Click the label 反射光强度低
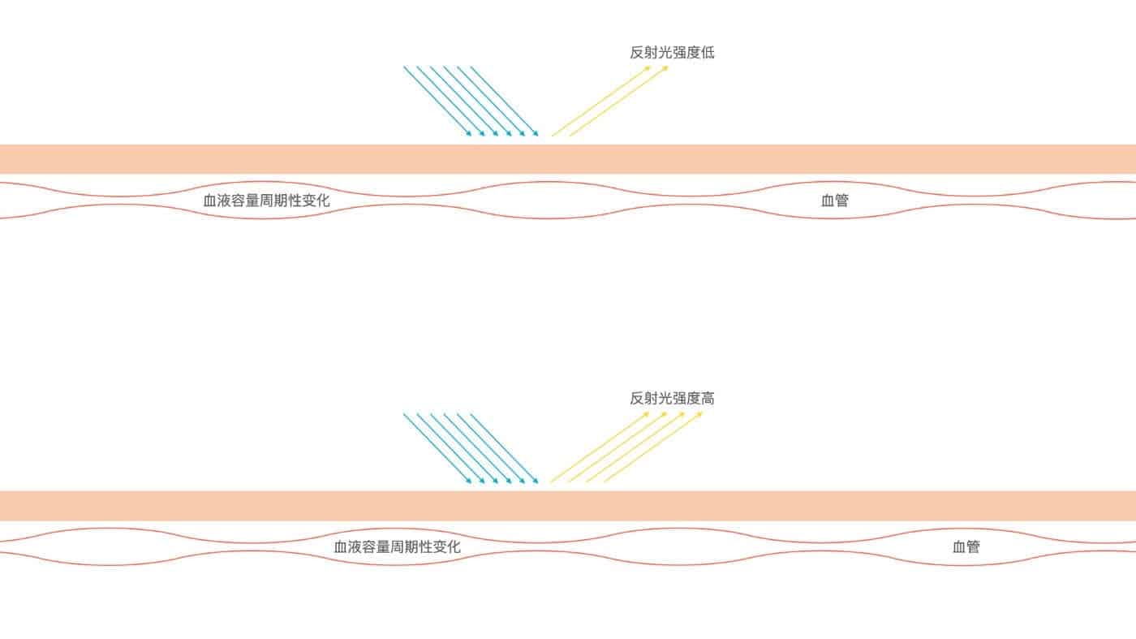[x=672, y=52]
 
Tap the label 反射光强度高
[x=672, y=399]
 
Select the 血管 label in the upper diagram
[x=835, y=201]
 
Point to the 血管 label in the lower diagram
[x=966, y=546]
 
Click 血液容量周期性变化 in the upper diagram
[x=266, y=201]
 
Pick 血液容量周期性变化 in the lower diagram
[x=397, y=546]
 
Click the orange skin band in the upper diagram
[x=568, y=159]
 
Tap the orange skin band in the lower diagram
[x=568, y=506]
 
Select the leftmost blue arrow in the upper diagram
[x=437, y=101]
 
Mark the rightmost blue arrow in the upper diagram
[x=505, y=101]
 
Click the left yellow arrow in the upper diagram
[x=601, y=101]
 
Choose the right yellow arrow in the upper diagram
[x=618, y=101]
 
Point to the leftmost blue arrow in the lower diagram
[x=437, y=448]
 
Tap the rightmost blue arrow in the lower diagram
[x=505, y=448]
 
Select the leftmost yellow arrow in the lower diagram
[x=600, y=447]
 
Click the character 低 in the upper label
[x=708, y=52]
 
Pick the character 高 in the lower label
[x=708, y=399]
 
